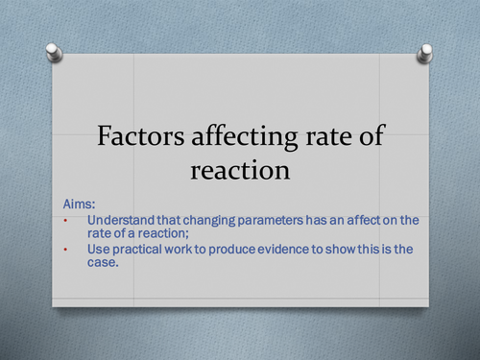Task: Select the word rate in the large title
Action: click(x=325, y=137)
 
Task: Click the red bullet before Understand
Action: click(x=65, y=221)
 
